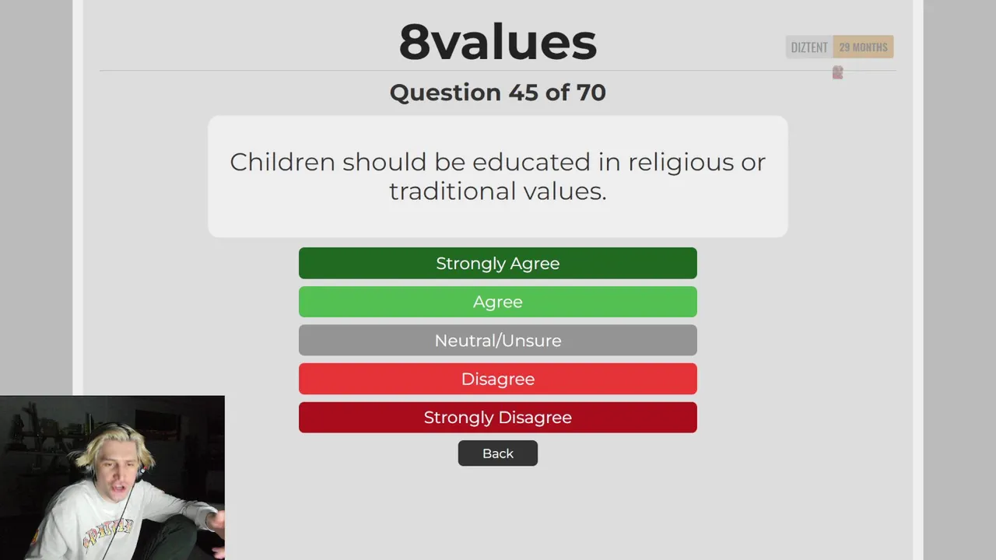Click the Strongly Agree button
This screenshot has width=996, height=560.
point(497,263)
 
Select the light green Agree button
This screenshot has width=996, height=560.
point(497,302)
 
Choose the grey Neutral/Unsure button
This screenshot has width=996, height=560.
point(497,341)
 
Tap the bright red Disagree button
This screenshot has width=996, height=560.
point(497,379)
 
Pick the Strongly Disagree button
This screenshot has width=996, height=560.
point(497,418)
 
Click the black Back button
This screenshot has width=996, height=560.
point(497,453)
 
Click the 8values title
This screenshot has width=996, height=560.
point(497,42)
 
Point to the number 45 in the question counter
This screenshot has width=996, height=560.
point(523,93)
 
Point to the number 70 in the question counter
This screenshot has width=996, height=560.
point(591,93)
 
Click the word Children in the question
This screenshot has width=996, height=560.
point(282,162)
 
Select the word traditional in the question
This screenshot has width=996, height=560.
point(452,191)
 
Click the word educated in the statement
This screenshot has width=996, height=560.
point(531,162)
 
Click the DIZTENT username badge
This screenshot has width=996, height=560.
point(809,47)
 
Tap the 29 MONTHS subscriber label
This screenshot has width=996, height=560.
point(863,47)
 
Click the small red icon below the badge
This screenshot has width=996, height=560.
point(838,72)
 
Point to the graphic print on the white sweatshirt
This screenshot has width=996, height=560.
point(107,531)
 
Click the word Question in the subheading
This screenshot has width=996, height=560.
point(446,93)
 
